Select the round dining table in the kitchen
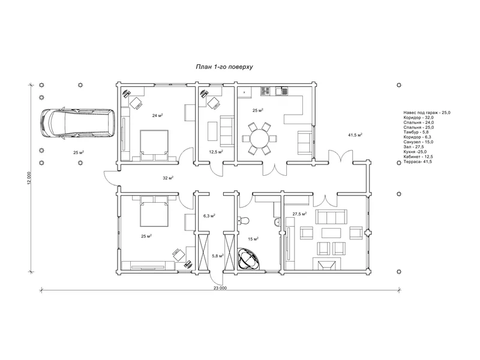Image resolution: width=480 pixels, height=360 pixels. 260,139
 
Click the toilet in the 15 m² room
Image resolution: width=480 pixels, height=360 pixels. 244,220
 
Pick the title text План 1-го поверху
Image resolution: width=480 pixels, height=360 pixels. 224,67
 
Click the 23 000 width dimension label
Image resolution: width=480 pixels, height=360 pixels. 220,288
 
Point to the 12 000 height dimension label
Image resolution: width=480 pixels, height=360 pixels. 29,178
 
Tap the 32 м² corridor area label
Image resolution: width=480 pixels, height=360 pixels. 168,178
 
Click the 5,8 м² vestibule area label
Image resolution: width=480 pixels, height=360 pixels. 218,256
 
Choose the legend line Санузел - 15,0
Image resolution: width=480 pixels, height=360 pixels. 418,142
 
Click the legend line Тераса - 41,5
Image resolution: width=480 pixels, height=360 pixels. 418,161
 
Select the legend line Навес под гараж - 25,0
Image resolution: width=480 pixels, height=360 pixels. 427,113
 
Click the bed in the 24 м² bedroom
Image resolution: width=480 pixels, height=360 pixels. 154,145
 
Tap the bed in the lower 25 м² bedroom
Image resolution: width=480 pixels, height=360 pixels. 154,211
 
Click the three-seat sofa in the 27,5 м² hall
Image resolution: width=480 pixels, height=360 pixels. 331,217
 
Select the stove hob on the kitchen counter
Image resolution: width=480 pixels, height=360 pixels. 265,91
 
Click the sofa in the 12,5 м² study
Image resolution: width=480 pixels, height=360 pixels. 227,131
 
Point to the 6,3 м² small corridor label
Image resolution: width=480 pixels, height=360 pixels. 209,216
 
